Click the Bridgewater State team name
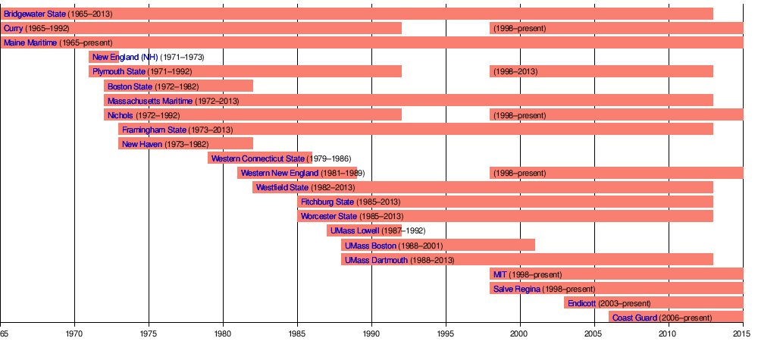(34, 14)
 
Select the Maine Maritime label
(30, 43)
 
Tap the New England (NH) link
(125, 58)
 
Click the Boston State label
(130, 86)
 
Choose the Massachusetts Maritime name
(150, 101)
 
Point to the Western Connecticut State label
(258, 159)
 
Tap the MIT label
(500, 274)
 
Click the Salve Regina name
(517, 289)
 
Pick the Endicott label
(581, 303)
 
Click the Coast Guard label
(634, 318)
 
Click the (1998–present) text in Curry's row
(519, 29)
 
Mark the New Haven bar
(186, 144)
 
